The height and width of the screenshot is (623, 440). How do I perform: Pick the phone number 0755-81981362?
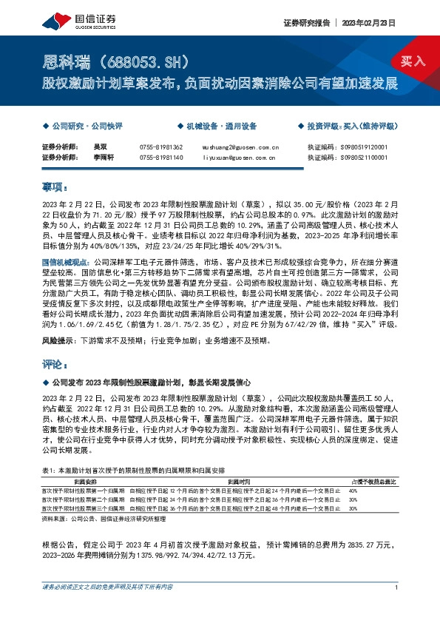[x=160, y=148]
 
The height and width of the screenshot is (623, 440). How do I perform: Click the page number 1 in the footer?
[x=397, y=587]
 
